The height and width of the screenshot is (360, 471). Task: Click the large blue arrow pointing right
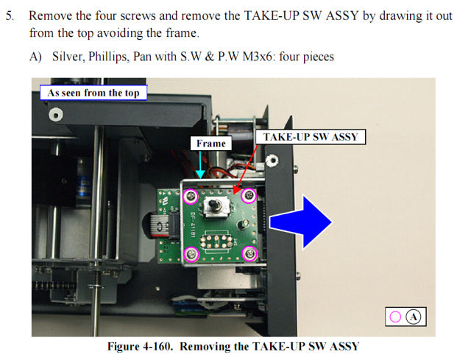[300, 220]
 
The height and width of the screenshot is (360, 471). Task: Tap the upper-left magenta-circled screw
[191, 196]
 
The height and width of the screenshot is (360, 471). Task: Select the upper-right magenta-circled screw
[249, 195]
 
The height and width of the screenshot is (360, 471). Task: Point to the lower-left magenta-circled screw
[192, 255]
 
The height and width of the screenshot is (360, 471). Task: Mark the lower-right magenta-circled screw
[250, 255]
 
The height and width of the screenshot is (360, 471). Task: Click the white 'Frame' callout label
[211, 144]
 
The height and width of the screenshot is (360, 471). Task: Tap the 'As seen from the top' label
[93, 93]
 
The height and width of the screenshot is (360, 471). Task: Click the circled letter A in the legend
[414, 317]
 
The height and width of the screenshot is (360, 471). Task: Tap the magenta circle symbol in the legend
[395, 317]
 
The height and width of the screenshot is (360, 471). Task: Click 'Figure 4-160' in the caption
[141, 345]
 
